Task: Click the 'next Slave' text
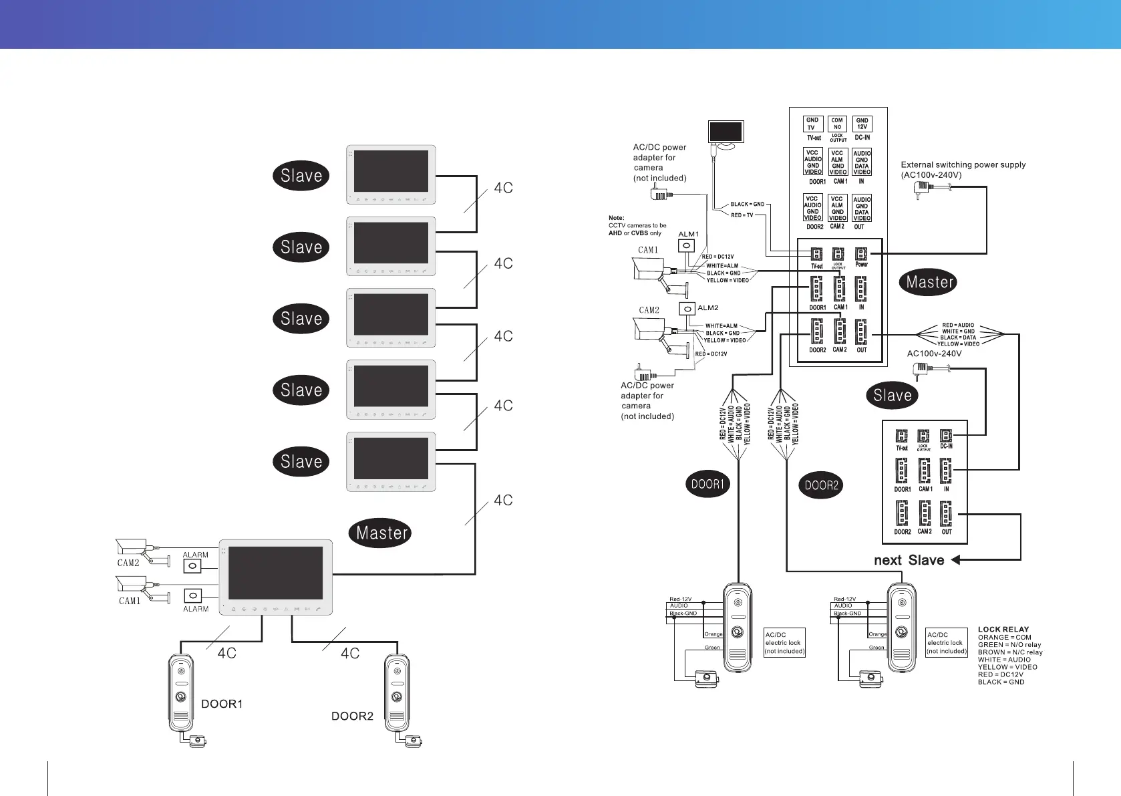pyautogui.click(x=909, y=560)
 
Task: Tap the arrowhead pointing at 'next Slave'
pyautogui.click(x=956, y=560)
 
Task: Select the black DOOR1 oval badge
pyautogui.click(x=707, y=484)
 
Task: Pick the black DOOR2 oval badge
pyautogui.click(x=821, y=485)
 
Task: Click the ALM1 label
pyautogui.click(x=688, y=234)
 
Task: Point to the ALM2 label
pyautogui.click(x=708, y=308)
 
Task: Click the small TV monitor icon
pyautogui.click(x=726, y=132)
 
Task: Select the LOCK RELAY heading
pyautogui.click(x=1003, y=629)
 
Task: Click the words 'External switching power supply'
pyautogui.click(x=963, y=164)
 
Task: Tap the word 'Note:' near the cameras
pyautogui.click(x=616, y=218)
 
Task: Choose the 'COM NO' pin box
pyautogui.click(x=837, y=124)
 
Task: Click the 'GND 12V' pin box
pyautogui.click(x=862, y=124)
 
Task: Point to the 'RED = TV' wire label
pyautogui.click(x=742, y=215)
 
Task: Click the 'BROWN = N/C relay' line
pyautogui.click(x=1009, y=652)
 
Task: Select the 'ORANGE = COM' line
pyautogui.click(x=1004, y=637)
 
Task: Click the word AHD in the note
pyautogui.click(x=615, y=233)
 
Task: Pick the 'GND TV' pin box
pyautogui.click(x=812, y=124)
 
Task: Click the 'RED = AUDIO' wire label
pyautogui.click(x=958, y=325)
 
